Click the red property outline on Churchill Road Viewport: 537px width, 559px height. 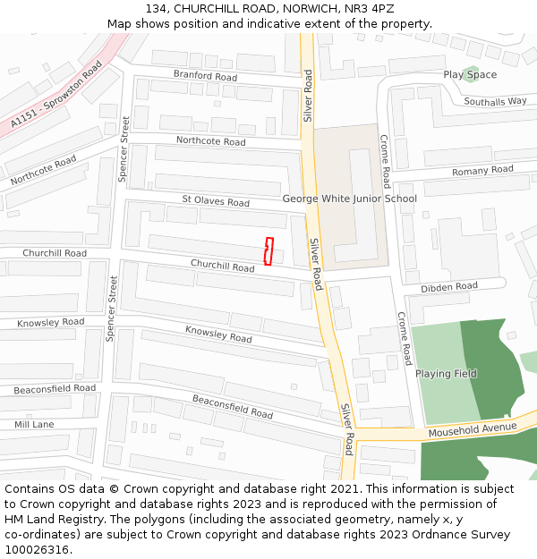point(268,251)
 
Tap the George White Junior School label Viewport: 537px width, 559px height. point(349,199)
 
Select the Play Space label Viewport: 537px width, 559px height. point(470,75)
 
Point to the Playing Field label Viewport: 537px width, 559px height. point(446,374)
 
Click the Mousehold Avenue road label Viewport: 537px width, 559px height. point(473,430)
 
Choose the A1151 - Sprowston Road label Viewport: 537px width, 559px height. point(57,95)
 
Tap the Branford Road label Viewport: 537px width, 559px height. point(205,77)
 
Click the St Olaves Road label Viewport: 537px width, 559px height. point(216,202)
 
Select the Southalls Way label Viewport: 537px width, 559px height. point(495,101)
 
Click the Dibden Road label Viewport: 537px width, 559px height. point(449,287)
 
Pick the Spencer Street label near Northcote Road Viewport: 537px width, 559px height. point(124,148)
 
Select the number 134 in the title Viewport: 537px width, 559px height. point(156,9)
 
